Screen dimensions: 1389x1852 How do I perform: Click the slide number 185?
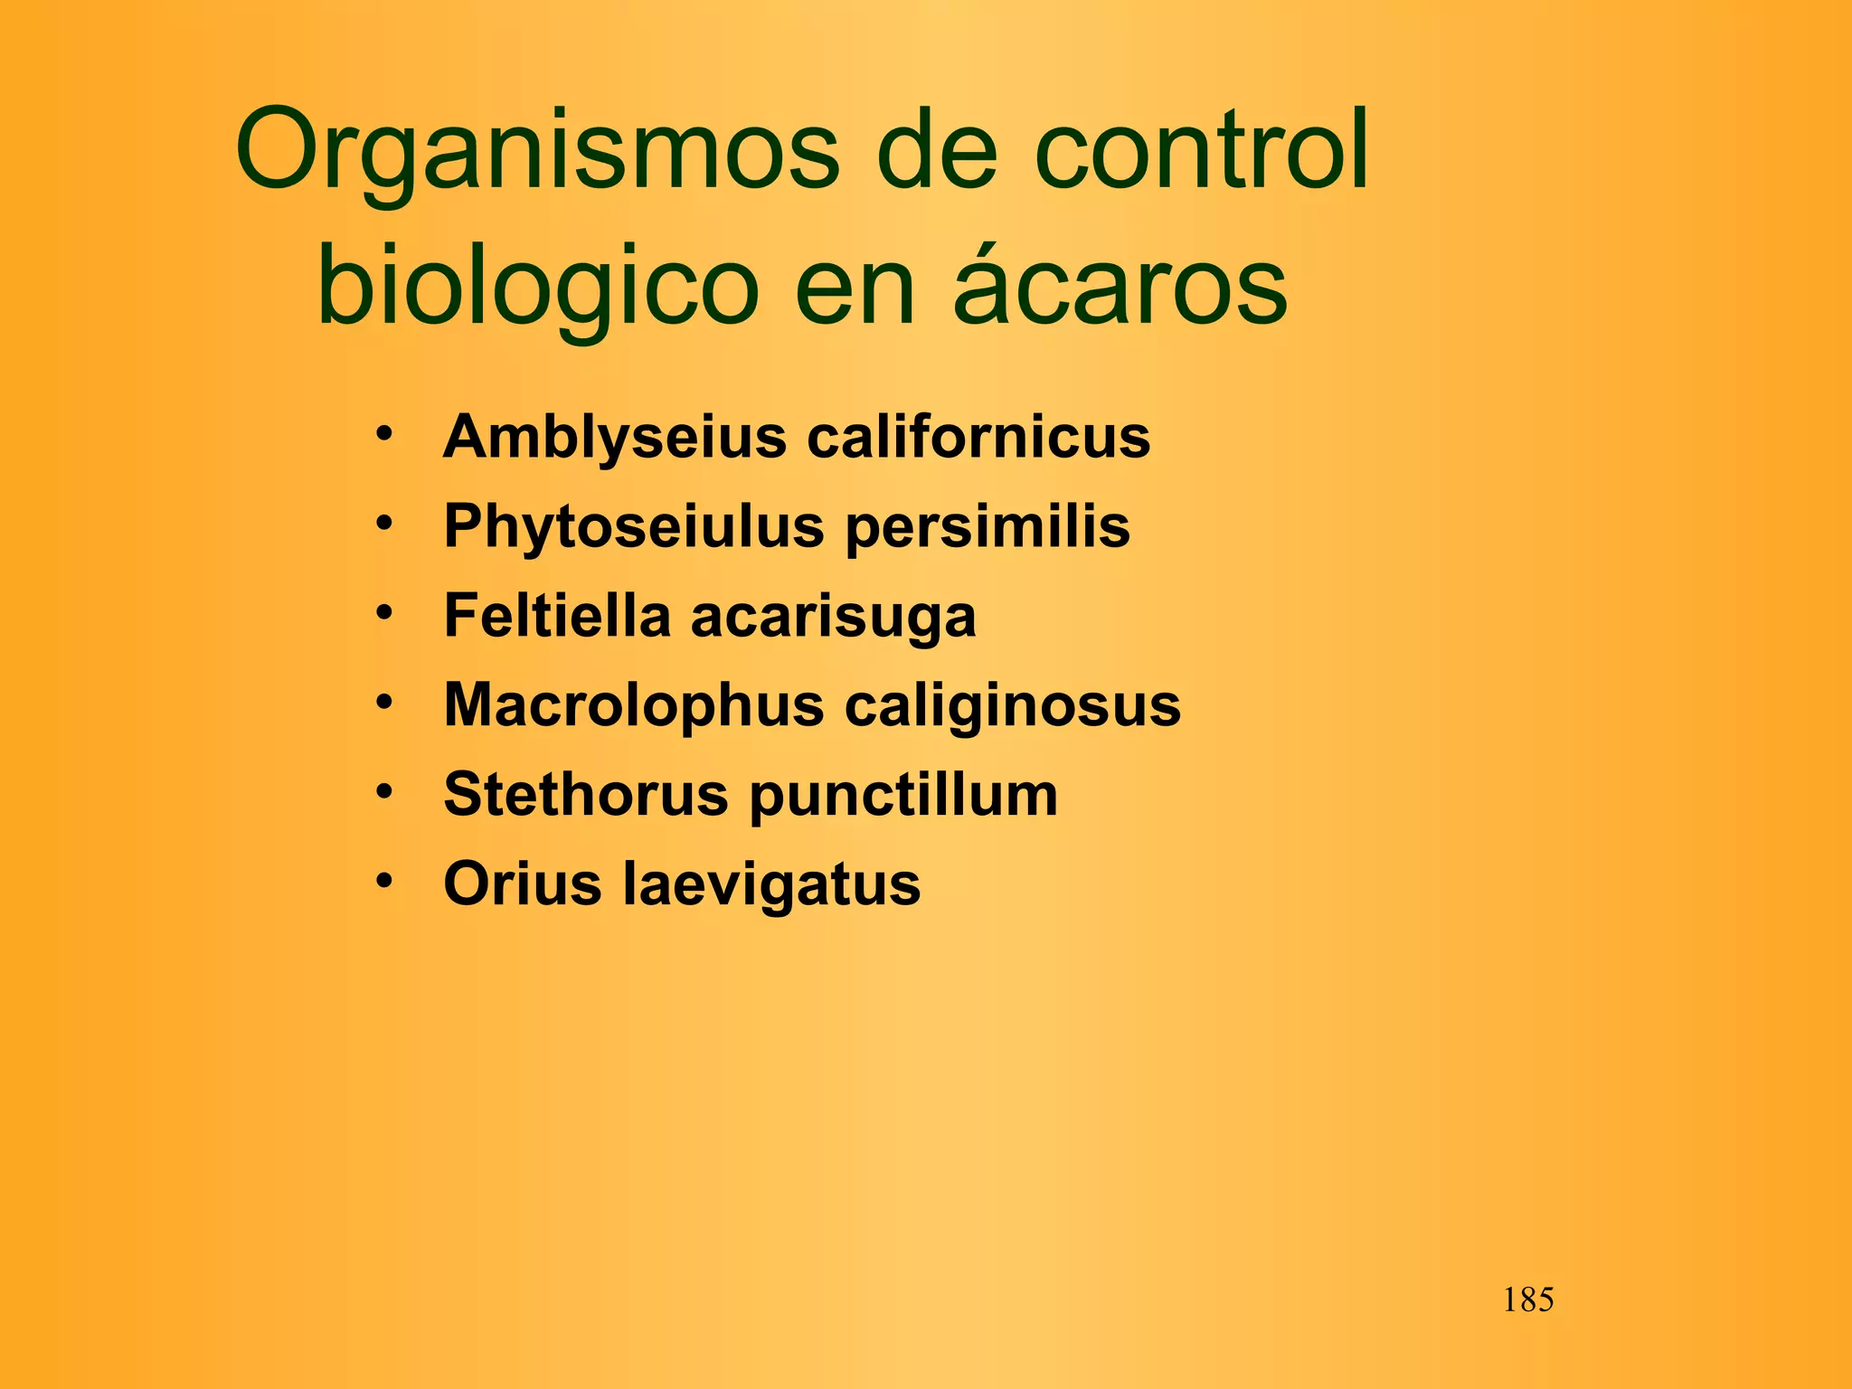(x=1528, y=1300)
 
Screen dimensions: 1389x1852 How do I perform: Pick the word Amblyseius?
(x=615, y=438)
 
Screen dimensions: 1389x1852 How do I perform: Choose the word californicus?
(x=978, y=437)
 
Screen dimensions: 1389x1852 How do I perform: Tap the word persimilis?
(x=987, y=526)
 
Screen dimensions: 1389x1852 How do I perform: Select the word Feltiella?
(x=557, y=616)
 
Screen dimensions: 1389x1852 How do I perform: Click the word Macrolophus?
(x=634, y=704)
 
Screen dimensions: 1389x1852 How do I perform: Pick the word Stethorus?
(x=586, y=795)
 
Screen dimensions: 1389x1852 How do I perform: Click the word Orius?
(x=523, y=883)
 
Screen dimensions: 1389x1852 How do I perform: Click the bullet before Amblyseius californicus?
(x=385, y=433)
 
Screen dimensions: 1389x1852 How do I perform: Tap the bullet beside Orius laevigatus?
(x=385, y=880)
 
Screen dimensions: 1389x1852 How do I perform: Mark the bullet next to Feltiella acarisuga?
(x=385, y=612)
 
